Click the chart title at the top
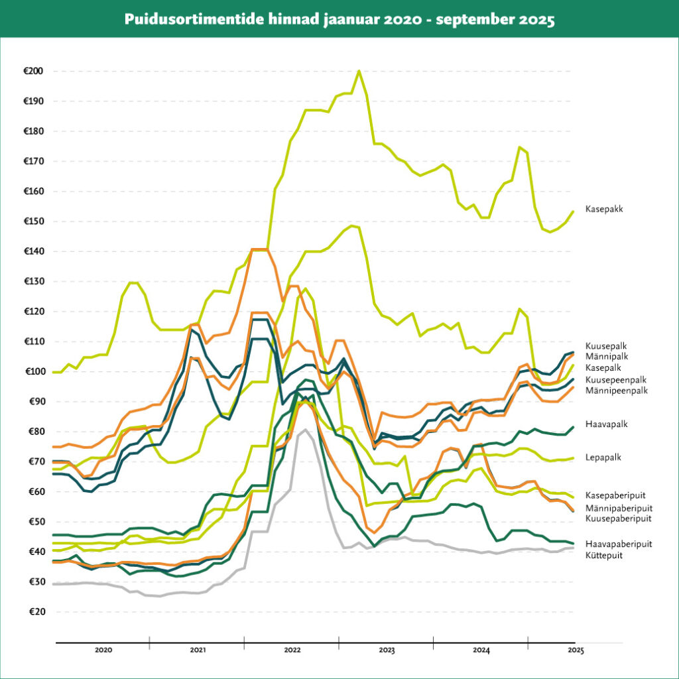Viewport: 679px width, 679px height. click(339, 19)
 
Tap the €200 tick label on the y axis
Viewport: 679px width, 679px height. click(33, 72)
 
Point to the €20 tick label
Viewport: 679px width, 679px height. click(35, 612)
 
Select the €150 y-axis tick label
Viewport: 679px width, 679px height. click(33, 221)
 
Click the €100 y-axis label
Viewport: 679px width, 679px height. click(33, 372)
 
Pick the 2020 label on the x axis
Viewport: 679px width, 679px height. click(103, 651)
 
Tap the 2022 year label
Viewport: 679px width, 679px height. click(292, 651)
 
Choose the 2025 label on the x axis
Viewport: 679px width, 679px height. click(576, 651)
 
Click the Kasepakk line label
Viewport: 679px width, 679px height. click(604, 210)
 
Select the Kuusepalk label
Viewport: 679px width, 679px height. click(606, 346)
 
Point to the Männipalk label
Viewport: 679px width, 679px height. click(606, 357)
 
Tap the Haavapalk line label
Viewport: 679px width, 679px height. click(606, 423)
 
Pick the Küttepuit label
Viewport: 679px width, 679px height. click(604, 555)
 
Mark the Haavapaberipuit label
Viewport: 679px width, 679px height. click(619, 544)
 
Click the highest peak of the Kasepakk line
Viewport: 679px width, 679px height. click(359, 70)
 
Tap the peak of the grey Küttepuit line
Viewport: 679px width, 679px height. click(304, 430)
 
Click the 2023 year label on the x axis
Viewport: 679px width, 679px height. click(387, 651)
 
